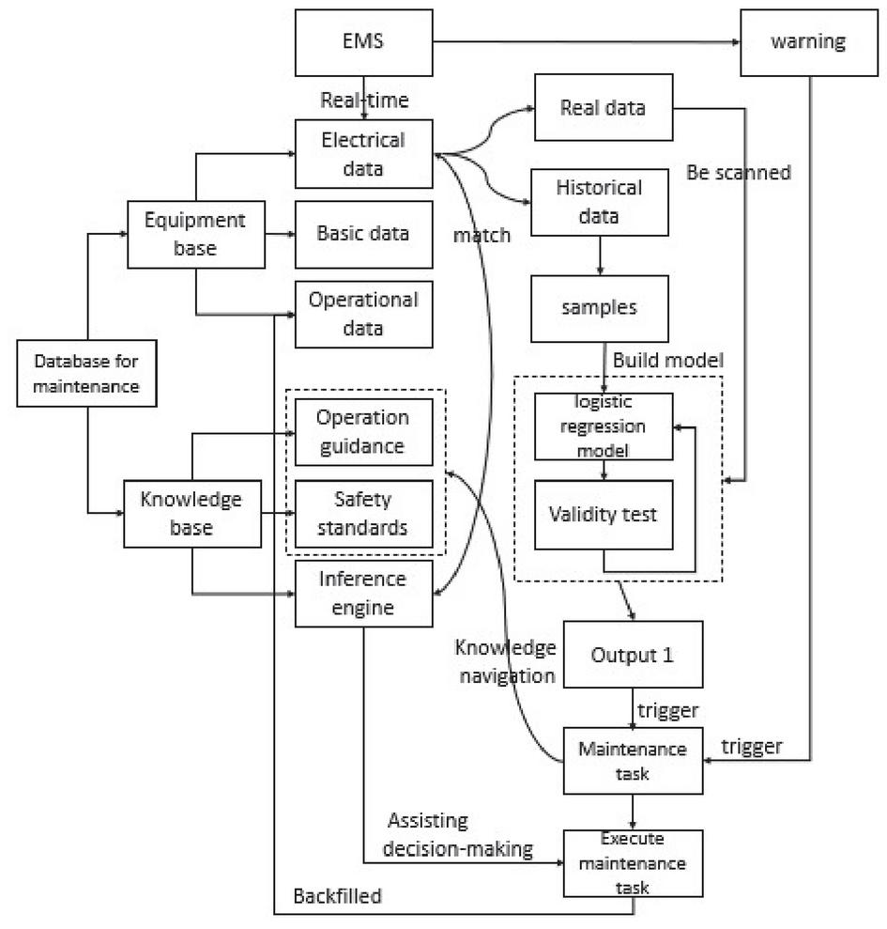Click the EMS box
click(364, 42)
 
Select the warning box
click(807, 42)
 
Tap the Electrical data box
click(363, 153)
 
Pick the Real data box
click(604, 106)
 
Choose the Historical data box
click(600, 201)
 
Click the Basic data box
click(363, 233)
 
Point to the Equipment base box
click(194, 233)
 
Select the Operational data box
click(363, 314)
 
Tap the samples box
click(600, 308)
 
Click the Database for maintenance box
click(87, 374)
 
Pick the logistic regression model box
click(604, 426)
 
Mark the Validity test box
click(604, 514)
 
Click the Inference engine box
click(363, 594)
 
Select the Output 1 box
click(633, 655)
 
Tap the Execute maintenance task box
click(632, 862)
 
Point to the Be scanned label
click(739, 173)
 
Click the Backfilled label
click(338, 896)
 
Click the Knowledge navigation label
click(506, 661)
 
